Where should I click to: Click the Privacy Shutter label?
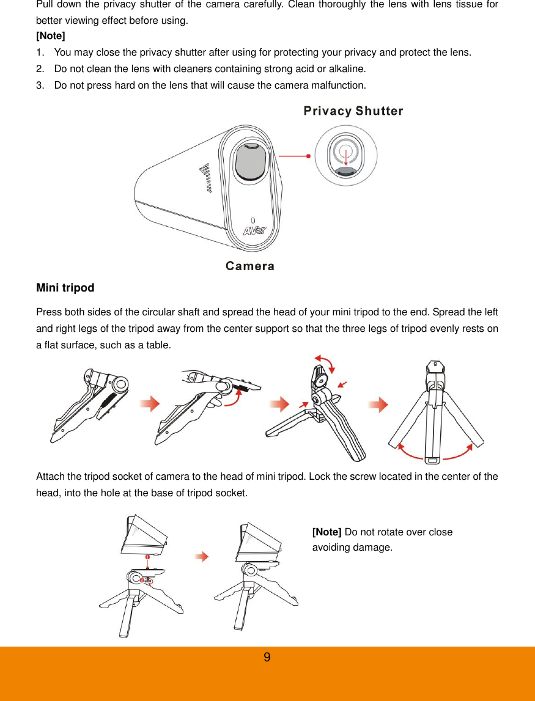[353, 111]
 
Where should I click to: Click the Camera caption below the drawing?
[249, 266]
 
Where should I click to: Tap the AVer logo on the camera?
[255, 231]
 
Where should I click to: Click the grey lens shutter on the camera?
[252, 161]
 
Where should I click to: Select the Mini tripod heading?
[65, 288]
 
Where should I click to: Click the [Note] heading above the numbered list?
[51, 36]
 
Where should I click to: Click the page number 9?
[267, 658]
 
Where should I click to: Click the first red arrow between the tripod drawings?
[150, 405]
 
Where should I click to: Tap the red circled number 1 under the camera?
[147, 557]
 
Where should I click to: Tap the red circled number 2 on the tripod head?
[141, 579]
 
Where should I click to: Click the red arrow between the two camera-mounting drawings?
[202, 557]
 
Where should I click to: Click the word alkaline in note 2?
[349, 68]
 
